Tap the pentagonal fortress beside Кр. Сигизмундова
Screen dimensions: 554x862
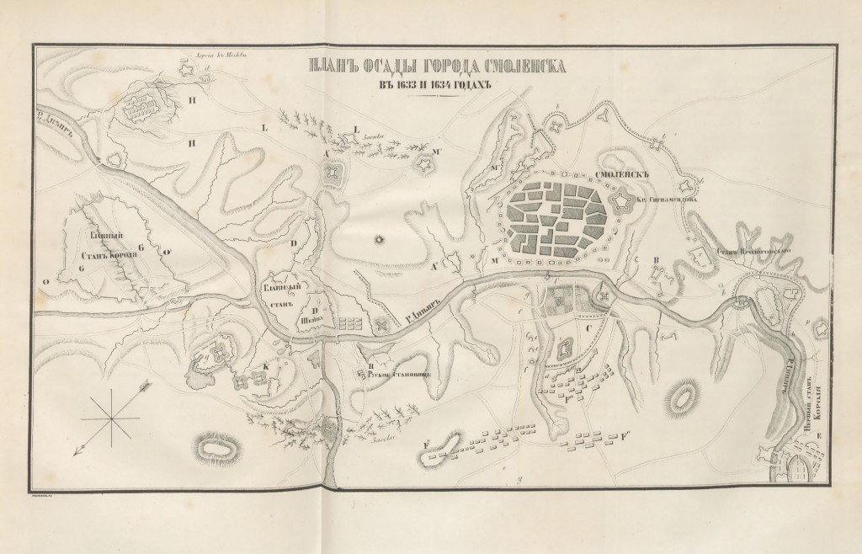(x=622, y=201)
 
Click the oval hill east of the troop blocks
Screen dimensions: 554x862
(x=684, y=394)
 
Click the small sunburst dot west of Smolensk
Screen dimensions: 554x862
(x=379, y=239)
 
